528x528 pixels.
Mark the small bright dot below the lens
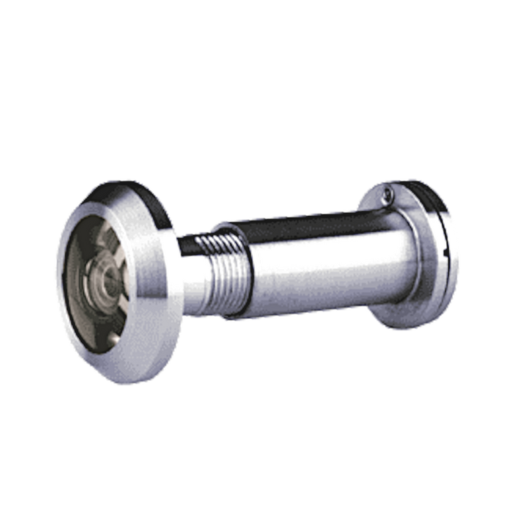click(x=114, y=339)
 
